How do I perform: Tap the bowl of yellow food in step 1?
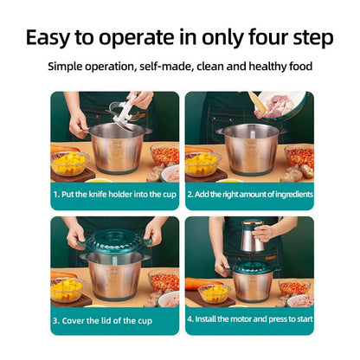68,162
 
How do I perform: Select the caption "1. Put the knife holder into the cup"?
114,194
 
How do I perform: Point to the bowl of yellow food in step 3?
66,290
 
